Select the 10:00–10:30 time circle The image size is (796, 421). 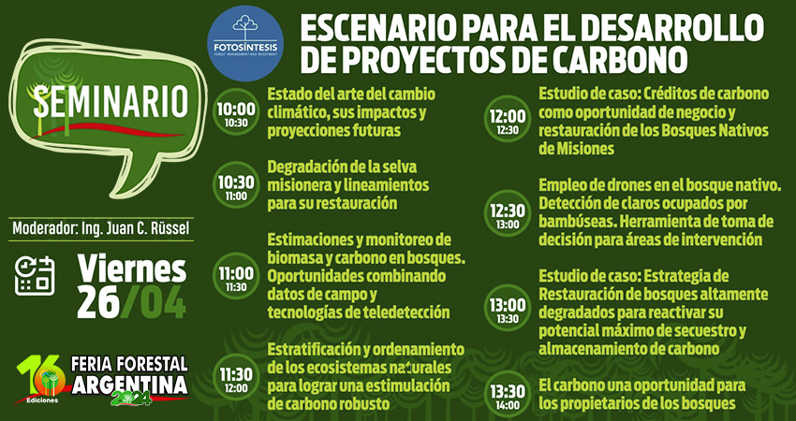(x=236, y=114)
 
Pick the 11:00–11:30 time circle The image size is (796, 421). (x=236, y=276)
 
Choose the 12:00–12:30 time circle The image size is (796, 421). (x=507, y=122)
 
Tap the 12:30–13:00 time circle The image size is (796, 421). (x=507, y=215)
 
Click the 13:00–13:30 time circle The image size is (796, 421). (x=507, y=310)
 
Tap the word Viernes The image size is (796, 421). (x=131, y=269)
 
